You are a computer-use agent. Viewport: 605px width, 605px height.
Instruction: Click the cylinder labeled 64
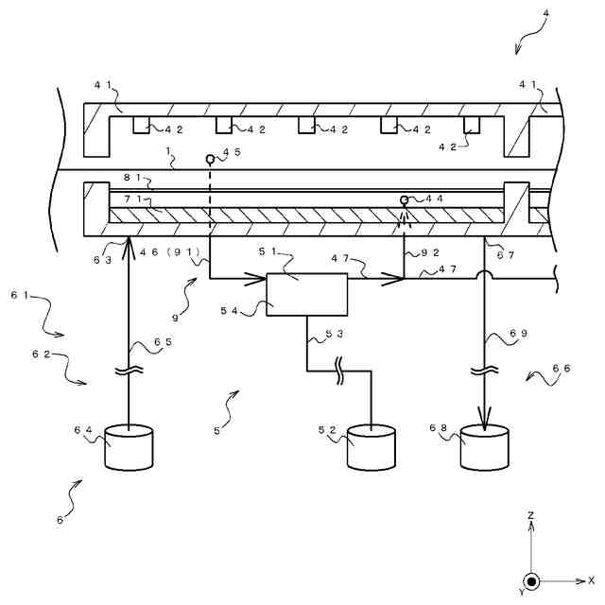(129, 447)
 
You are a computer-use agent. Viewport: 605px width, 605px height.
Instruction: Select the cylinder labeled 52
(371, 447)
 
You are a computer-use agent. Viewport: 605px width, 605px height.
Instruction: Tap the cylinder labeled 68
(484, 447)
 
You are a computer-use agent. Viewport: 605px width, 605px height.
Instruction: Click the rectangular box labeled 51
(306, 294)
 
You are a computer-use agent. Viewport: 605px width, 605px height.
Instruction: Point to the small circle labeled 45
(210, 159)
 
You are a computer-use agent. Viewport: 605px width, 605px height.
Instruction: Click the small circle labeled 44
(404, 199)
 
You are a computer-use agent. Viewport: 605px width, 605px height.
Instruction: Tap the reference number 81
(132, 178)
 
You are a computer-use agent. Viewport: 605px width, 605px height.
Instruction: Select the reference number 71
(133, 199)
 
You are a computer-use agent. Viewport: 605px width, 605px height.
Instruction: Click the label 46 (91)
(170, 252)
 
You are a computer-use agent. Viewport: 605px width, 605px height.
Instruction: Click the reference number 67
(506, 255)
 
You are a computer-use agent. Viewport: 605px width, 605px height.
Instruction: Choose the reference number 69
(518, 333)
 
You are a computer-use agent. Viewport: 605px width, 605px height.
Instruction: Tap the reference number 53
(334, 334)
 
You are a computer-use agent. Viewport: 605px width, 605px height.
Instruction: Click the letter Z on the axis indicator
(531, 515)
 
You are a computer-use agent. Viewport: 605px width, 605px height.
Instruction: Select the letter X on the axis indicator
(591, 579)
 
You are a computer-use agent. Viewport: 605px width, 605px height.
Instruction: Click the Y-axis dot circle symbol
(531, 581)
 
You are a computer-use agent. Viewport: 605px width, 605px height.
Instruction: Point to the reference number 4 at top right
(545, 13)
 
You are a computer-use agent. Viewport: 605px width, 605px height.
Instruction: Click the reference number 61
(20, 296)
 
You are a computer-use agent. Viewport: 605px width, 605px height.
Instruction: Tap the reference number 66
(561, 369)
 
